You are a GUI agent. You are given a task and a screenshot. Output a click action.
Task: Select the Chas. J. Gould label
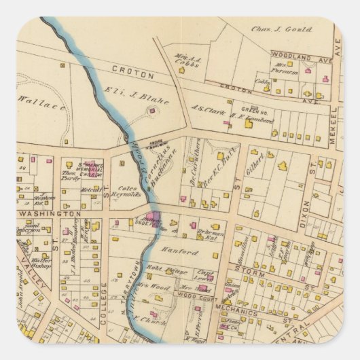[283, 30]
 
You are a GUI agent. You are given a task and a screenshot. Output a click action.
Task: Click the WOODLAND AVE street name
[299, 54]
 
